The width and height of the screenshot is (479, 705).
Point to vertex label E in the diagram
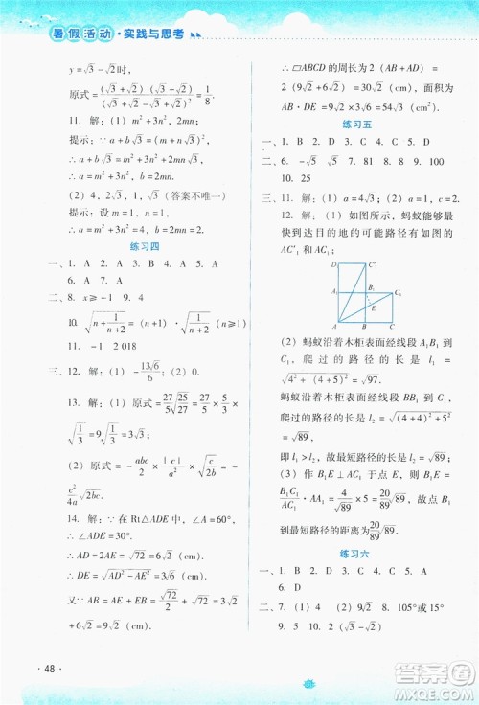pyautogui.click(x=374, y=307)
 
